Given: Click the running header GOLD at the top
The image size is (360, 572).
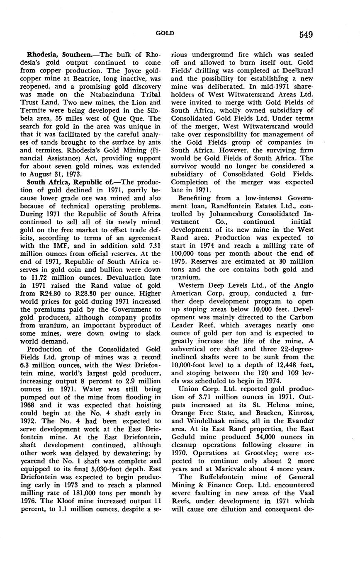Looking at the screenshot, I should point(165,33).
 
